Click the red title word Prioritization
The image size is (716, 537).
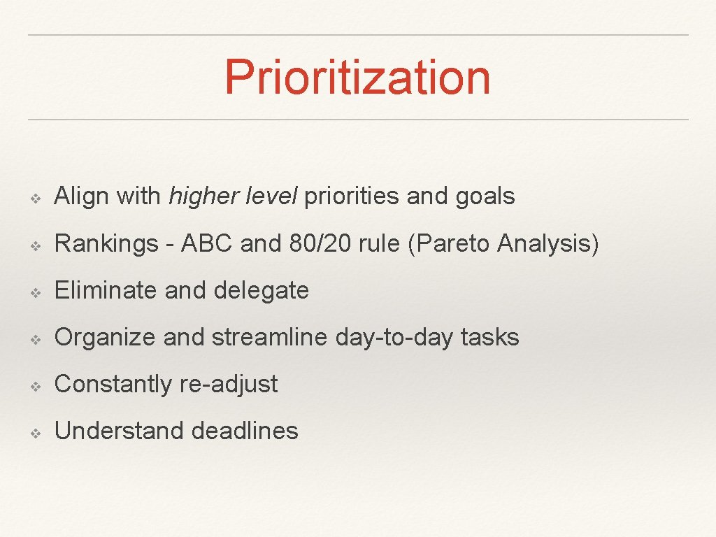point(357,77)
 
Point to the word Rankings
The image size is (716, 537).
point(106,244)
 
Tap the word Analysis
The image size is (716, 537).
point(548,244)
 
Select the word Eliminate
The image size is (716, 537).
point(106,290)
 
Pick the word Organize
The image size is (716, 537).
point(105,338)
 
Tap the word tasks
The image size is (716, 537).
point(489,337)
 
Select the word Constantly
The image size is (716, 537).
point(112,385)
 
